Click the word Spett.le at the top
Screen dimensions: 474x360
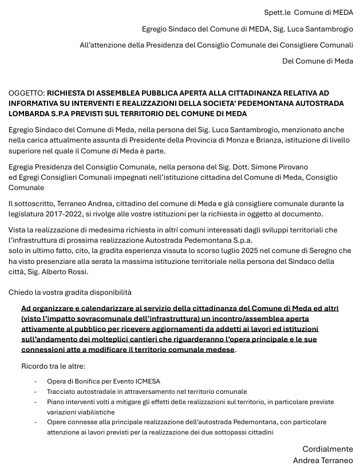[x=277, y=12]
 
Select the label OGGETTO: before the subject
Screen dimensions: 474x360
[x=26, y=93]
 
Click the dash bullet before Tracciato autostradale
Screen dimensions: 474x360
[x=35, y=392]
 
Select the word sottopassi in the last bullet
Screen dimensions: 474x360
[x=214, y=432]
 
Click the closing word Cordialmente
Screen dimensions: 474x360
[x=327, y=449]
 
